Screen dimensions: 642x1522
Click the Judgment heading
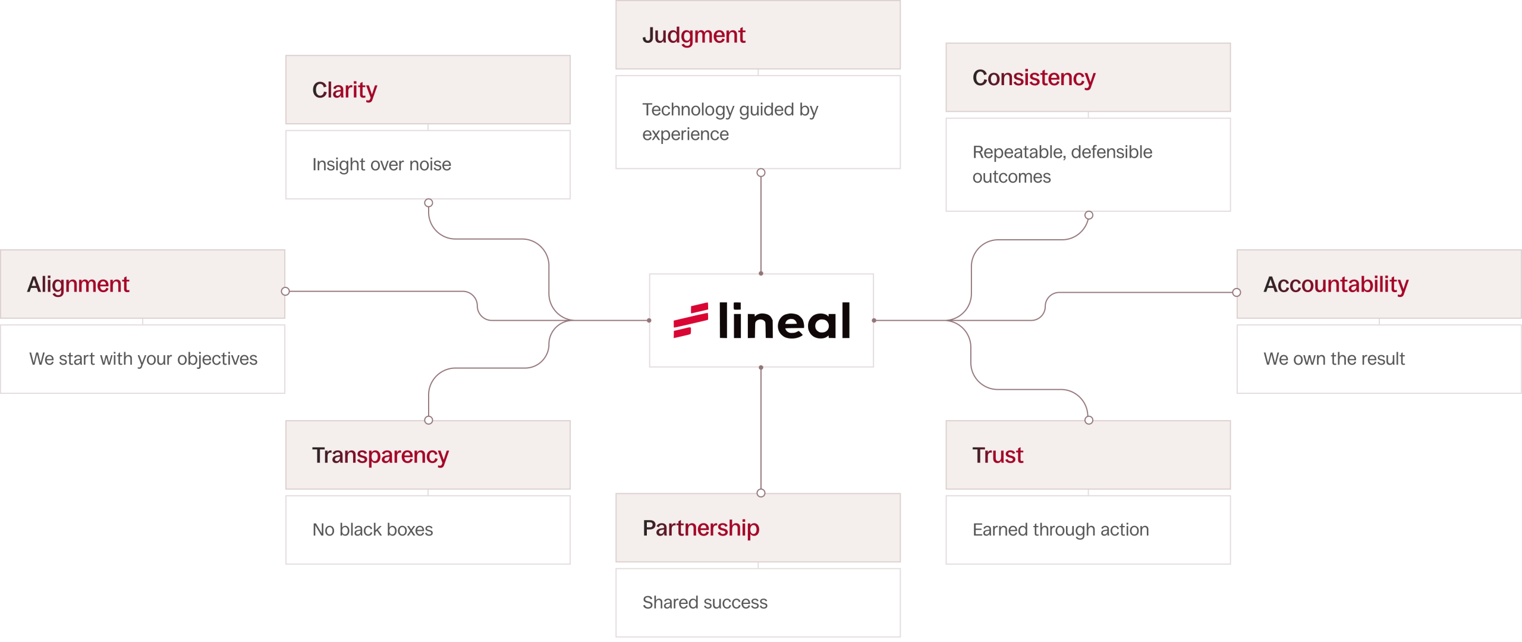pyautogui.click(x=693, y=36)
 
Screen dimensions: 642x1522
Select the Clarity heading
pyautogui.click(x=344, y=90)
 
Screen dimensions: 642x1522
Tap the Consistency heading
pyautogui.click(x=1033, y=78)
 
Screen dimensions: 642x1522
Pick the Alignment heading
pyautogui.click(x=78, y=284)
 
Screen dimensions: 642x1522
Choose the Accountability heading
pyautogui.click(x=1335, y=284)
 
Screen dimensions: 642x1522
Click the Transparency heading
pyautogui.click(x=380, y=455)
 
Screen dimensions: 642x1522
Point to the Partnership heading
pyautogui.click(x=700, y=528)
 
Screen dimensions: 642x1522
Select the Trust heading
pyautogui.click(x=997, y=455)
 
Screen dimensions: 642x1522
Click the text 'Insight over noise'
pyautogui.click(x=381, y=164)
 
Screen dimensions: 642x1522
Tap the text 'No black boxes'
pyautogui.click(x=372, y=530)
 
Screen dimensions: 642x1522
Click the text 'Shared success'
pyautogui.click(x=705, y=602)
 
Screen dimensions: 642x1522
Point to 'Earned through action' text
pyautogui.click(x=1060, y=530)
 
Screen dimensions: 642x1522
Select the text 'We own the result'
pyautogui.click(x=1334, y=359)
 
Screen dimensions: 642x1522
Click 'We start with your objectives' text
pyautogui.click(x=143, y=359)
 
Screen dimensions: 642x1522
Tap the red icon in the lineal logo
pyautogui.click(x=690, y=320)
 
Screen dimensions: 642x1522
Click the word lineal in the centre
pyautogui.click(x=784, y=321)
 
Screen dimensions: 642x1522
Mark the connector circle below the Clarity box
pyautogui.click(x=429, y=203)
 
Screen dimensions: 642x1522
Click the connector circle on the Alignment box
pyautogui.click(x=285, y=292)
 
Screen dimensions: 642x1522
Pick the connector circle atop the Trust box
pyautogui.click(x=1089, y=420)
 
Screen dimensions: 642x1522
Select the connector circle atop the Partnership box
pyautogui.click(x=761, y=493)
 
